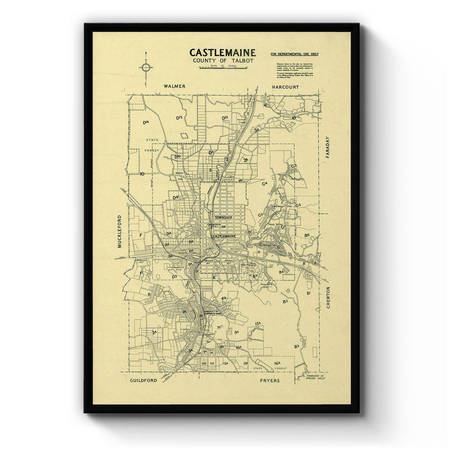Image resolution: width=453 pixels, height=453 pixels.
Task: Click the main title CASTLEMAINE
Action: [x=222, y=52]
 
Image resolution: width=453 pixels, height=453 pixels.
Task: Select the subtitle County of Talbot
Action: [x=223, y=61]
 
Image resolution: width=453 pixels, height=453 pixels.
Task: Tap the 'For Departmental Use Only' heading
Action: [x=294, y=54]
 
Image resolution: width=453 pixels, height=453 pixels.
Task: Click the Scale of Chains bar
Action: [x=222, y=67]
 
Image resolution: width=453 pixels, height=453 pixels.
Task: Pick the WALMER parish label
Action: [x=174, y=86]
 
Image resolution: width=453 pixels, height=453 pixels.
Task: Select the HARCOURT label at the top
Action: [x=285, y=87]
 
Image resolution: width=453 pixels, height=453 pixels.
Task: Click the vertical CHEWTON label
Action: [x=328, y=297]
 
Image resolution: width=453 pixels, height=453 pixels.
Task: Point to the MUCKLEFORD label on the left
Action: [x=120, y=231]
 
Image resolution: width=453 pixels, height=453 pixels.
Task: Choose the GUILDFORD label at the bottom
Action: [x=143, y=380]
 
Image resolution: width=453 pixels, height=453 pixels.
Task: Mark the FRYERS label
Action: [x=270, y=381]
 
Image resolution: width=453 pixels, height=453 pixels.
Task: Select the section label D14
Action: [x=146, y=122]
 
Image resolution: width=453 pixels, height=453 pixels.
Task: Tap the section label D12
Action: [x=179, y=118]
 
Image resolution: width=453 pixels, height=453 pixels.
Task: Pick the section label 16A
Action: [x=277, y=363]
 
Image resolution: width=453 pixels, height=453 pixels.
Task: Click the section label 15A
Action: [x=258, y=324]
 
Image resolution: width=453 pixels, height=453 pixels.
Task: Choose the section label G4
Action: [x=265, y=183]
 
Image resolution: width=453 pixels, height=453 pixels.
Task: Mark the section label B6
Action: [x=307, y=235]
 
